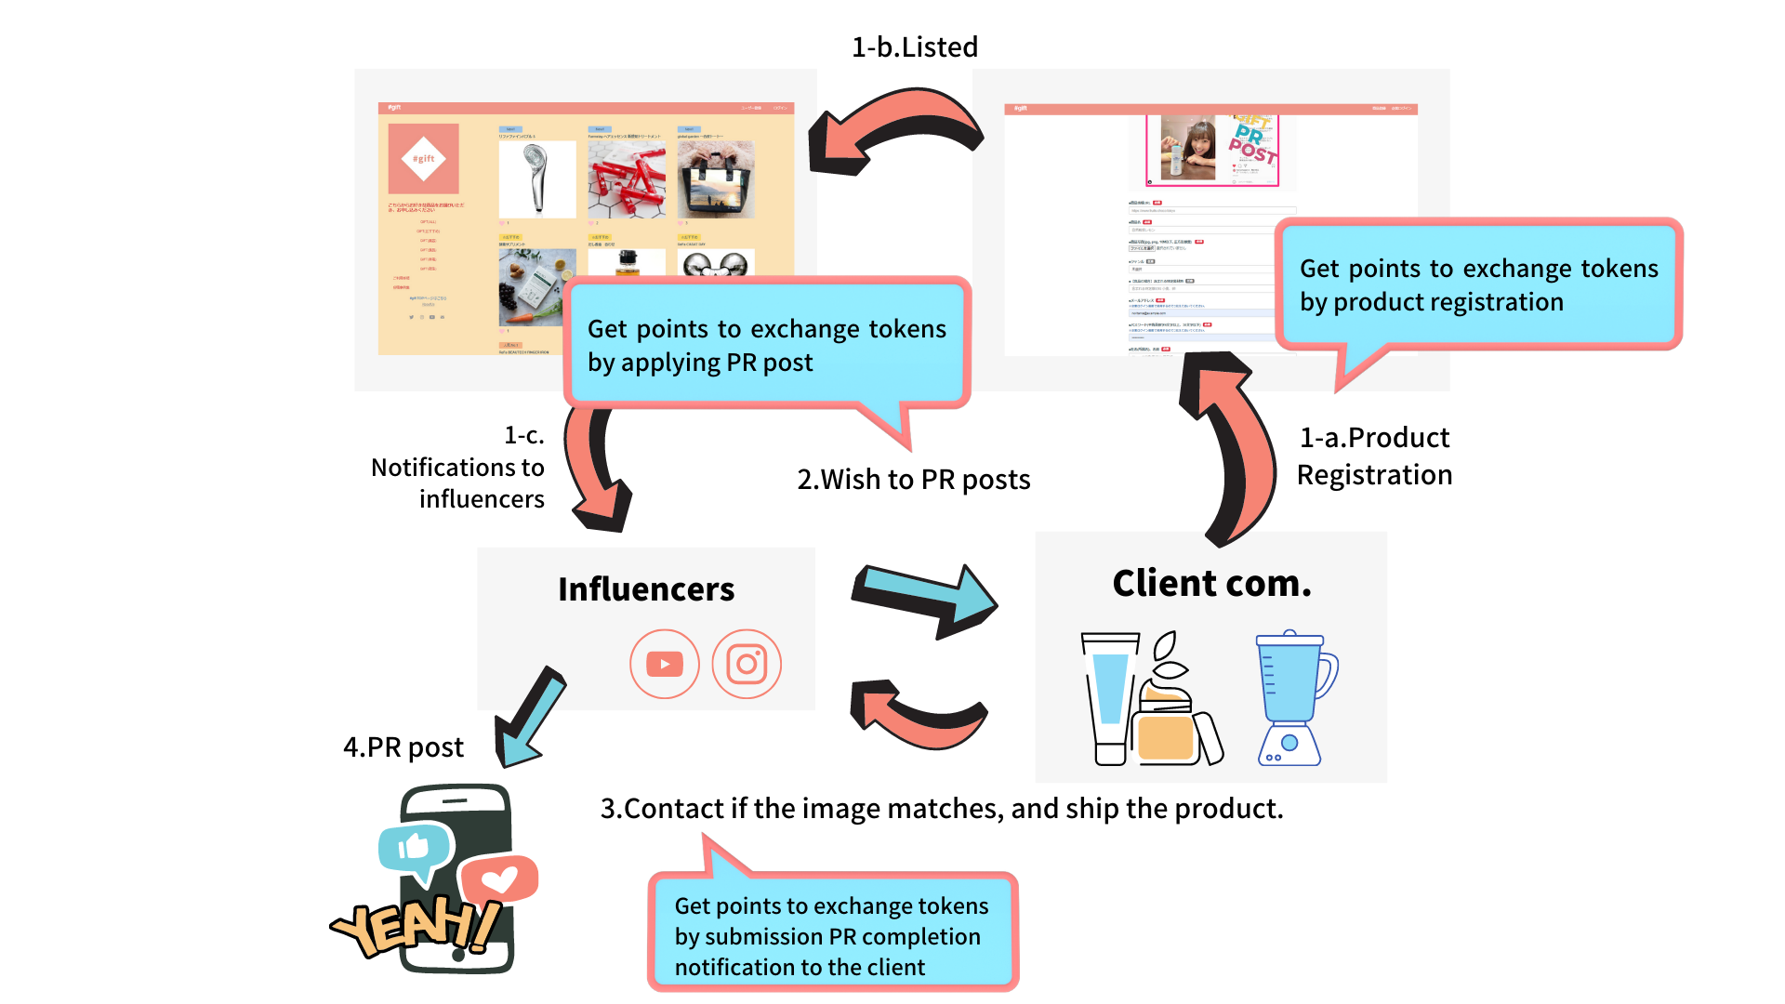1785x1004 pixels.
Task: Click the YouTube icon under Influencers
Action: [664, 664]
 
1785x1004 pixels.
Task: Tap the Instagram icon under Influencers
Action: [747, 664]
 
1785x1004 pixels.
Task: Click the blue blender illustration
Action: [1293, 698]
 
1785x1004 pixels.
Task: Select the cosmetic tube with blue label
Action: [1110, 698]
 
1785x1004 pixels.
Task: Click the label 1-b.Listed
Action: [915, 47]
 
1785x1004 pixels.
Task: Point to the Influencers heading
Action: [646, 589]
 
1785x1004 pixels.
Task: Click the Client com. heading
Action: [1211, 584]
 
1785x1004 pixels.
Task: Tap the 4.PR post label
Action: [403, 747]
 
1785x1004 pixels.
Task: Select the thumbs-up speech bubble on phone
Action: [414, 848]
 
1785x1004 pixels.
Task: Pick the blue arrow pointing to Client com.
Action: [925, 599]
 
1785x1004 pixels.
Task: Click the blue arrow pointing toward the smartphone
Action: [531, 717]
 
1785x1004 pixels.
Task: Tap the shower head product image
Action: [536, 178]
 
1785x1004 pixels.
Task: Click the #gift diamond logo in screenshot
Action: [423, 158]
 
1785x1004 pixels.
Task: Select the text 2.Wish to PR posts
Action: [913, 480]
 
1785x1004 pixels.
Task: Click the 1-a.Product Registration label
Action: [1374, 456]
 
